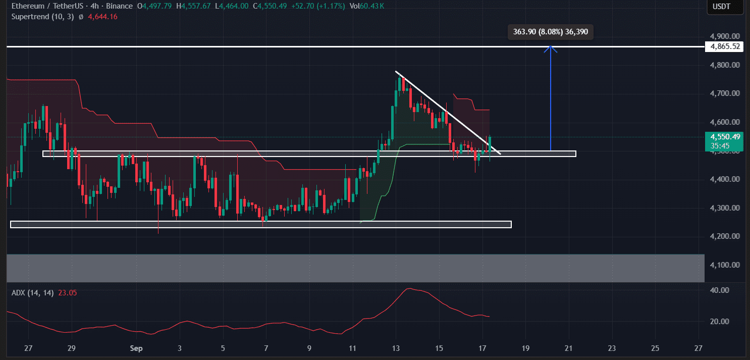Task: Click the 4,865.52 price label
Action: tap(725, 46)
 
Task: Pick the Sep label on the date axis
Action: tap(136, 348)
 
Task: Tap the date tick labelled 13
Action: tap(396, 348)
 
